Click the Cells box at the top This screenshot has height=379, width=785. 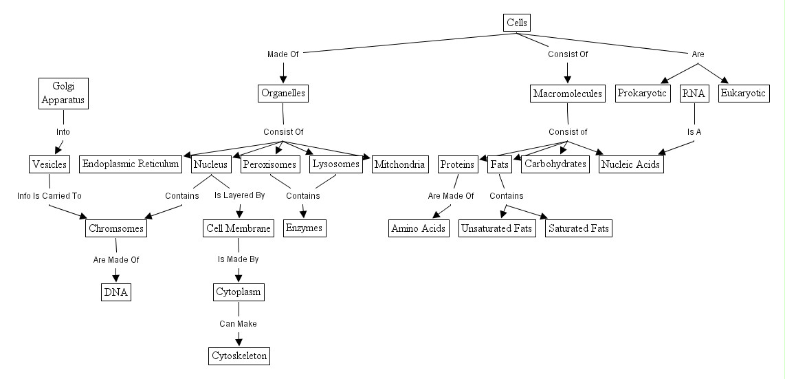click(517, 23)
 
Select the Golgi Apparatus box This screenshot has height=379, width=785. click(63, 93)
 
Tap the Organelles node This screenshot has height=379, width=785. click(283, 93)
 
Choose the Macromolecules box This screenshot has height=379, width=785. click(568, 94)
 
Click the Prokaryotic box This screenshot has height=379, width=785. click(643, 94)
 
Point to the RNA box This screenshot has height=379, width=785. click(694, 94)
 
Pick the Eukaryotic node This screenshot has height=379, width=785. click(743, 94)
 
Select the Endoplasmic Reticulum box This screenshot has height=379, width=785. click(131, 164)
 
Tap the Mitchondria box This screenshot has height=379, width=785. click(399, 164)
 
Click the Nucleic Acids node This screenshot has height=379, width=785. click(631, 164)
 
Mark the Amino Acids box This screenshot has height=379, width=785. click(418, 228)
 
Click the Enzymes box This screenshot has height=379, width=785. click(304, 228)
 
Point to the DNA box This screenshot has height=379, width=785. click(115, 292)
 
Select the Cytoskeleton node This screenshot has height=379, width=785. click(239, 356)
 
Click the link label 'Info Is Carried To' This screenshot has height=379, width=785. click(49, 196)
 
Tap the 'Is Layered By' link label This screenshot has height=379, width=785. click(239, 196)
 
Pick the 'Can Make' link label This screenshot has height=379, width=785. click(238, 324)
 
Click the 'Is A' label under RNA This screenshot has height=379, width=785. click(694, 132)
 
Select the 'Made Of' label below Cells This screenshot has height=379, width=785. click(283, 54)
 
